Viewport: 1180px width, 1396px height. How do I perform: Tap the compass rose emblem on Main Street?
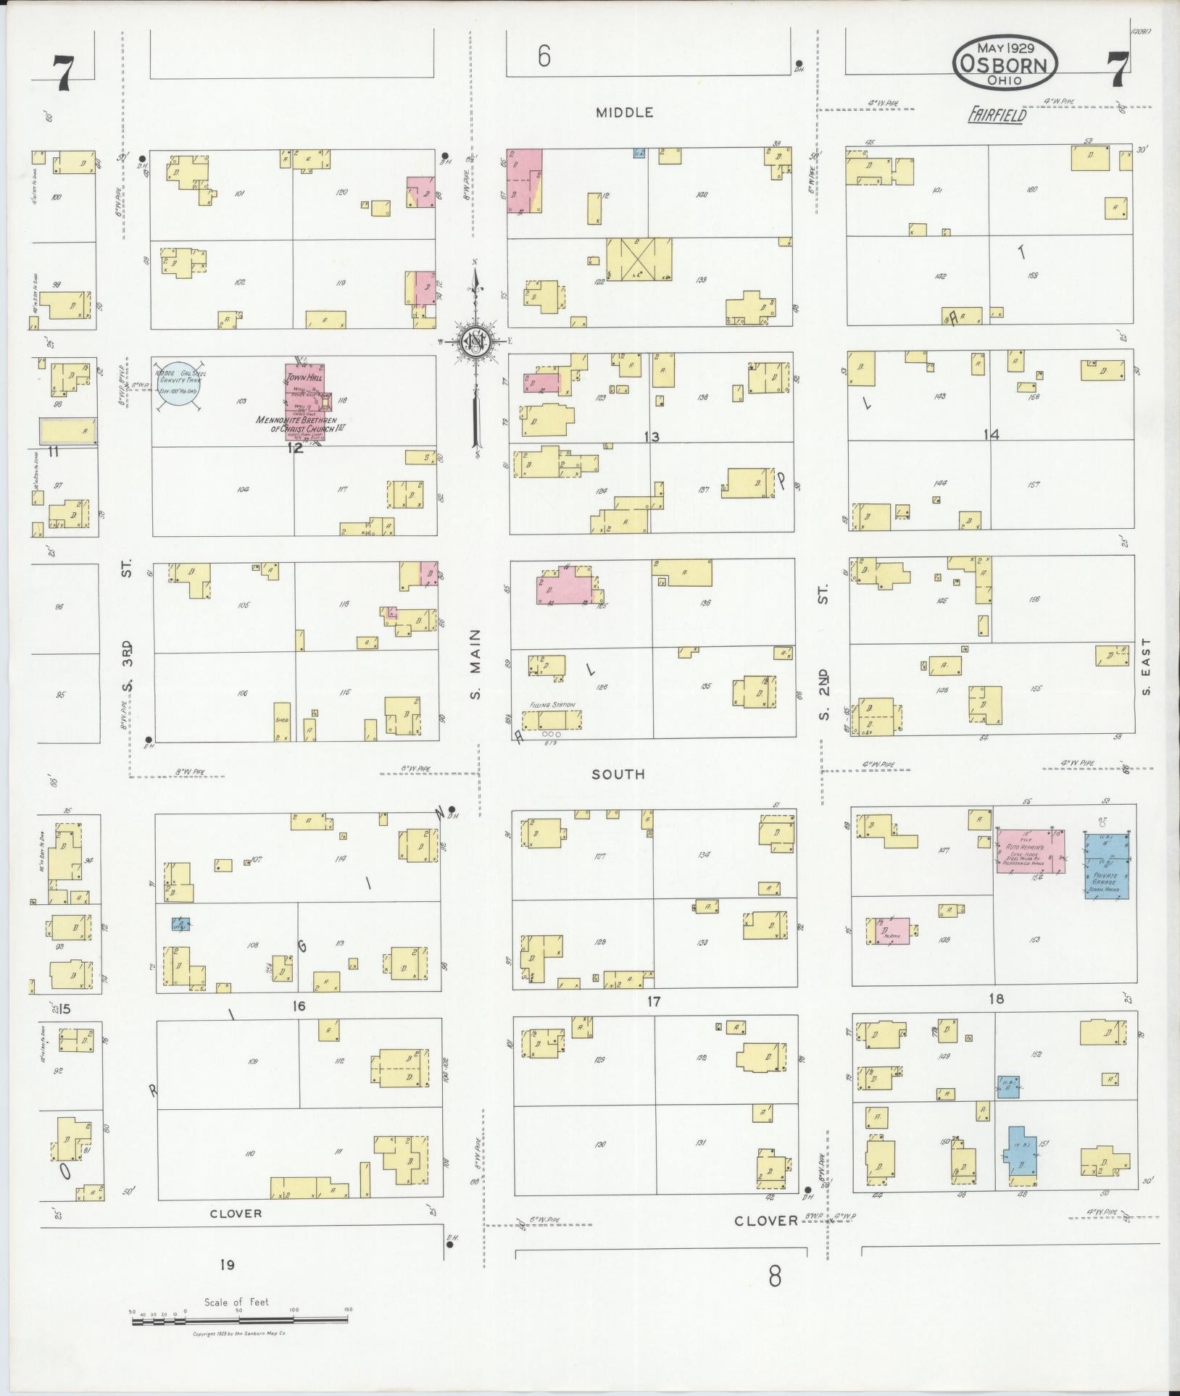click(475, 341)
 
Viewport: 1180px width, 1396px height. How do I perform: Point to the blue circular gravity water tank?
click(178, 384)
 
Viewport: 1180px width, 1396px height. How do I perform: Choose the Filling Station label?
click(552, 704)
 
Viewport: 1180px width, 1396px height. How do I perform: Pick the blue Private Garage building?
click(1107, 866)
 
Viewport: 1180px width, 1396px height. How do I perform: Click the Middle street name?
click(624, 112)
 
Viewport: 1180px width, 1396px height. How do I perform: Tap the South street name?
click(618, 774)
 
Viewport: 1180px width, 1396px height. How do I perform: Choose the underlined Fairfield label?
click(997, 114)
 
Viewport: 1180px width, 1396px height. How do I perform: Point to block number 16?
click(298, 1006)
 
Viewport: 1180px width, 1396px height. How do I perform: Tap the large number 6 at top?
click(544, 57)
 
